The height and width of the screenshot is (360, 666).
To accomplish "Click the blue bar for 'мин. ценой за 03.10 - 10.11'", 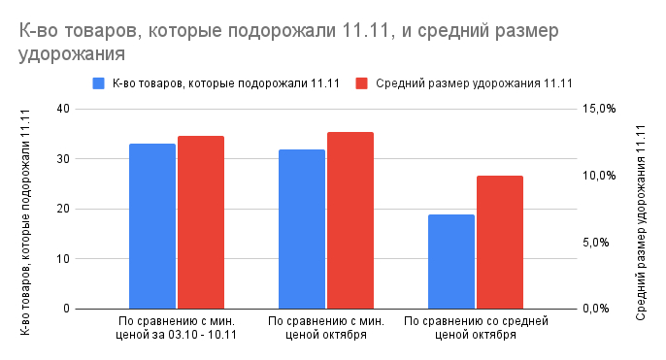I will pos(152,226).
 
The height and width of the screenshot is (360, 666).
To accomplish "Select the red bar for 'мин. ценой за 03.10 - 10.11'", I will pos(201,222).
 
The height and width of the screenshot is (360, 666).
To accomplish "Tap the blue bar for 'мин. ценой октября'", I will pos(302,229).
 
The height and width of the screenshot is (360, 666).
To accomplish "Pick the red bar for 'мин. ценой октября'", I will pos(350,220).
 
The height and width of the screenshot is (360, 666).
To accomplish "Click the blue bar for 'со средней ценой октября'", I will pos(451,261).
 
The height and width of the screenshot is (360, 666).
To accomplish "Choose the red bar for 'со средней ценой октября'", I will pos(500,242).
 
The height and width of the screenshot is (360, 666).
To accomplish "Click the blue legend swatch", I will pos(98,83).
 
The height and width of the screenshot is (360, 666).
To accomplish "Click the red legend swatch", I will pos(362,83).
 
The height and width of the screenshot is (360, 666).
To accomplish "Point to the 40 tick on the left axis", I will pos(63,109).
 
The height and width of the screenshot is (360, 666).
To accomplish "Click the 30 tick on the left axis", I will pos(63,159).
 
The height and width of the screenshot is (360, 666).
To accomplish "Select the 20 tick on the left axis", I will pos(63,209).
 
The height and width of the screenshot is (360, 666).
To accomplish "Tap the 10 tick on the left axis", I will pos(63,259).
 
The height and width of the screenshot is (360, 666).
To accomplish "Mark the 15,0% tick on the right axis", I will pos(599,109).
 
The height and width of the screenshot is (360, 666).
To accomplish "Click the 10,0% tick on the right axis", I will pos(599,176).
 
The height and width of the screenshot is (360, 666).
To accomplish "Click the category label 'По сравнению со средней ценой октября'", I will pos(476,327).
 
